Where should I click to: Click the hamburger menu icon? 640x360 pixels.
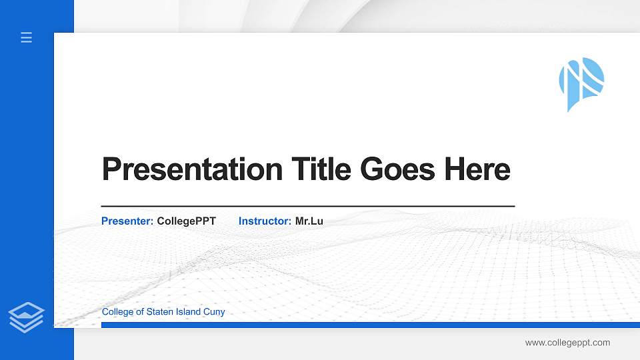click(x=27, y=37)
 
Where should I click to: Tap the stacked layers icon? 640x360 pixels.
click(x=26, y=317)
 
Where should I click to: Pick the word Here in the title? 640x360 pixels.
click(x=477, y=169)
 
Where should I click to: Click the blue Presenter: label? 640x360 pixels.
click(x=127, y=221)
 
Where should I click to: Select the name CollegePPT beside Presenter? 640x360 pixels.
click(x=187, y=221)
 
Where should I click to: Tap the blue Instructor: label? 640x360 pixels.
click(x=265, y=221)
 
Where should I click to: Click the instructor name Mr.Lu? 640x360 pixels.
click(x=309, y=221)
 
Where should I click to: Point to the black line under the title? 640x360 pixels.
click(x=307, y=206)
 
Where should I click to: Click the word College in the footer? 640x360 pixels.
click(x=117, y=312)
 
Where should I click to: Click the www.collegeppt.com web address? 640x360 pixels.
click(x=567, y=343)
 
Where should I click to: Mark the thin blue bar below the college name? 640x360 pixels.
click(x=367, y=325)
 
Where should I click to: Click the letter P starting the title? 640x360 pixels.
click(x=111, y=169)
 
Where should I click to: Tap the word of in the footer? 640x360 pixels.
click(x=139, y=312)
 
